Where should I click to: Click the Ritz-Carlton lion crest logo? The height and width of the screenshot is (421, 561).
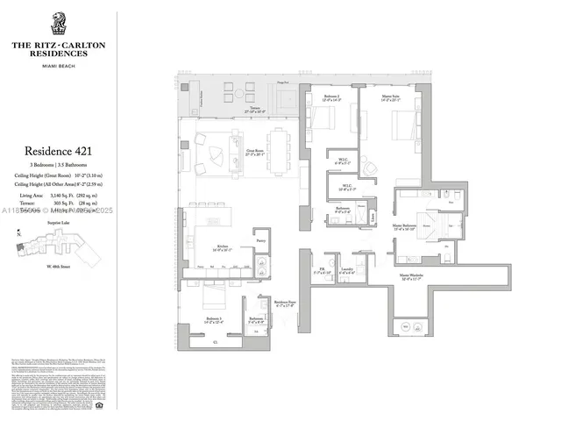click(x=59, y=23)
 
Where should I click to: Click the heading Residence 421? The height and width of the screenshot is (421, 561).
click(x=60, y=152)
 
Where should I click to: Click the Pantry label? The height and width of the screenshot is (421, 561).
click(x=259, y=239)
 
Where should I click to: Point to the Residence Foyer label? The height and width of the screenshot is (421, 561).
click(x=285, y=303)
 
